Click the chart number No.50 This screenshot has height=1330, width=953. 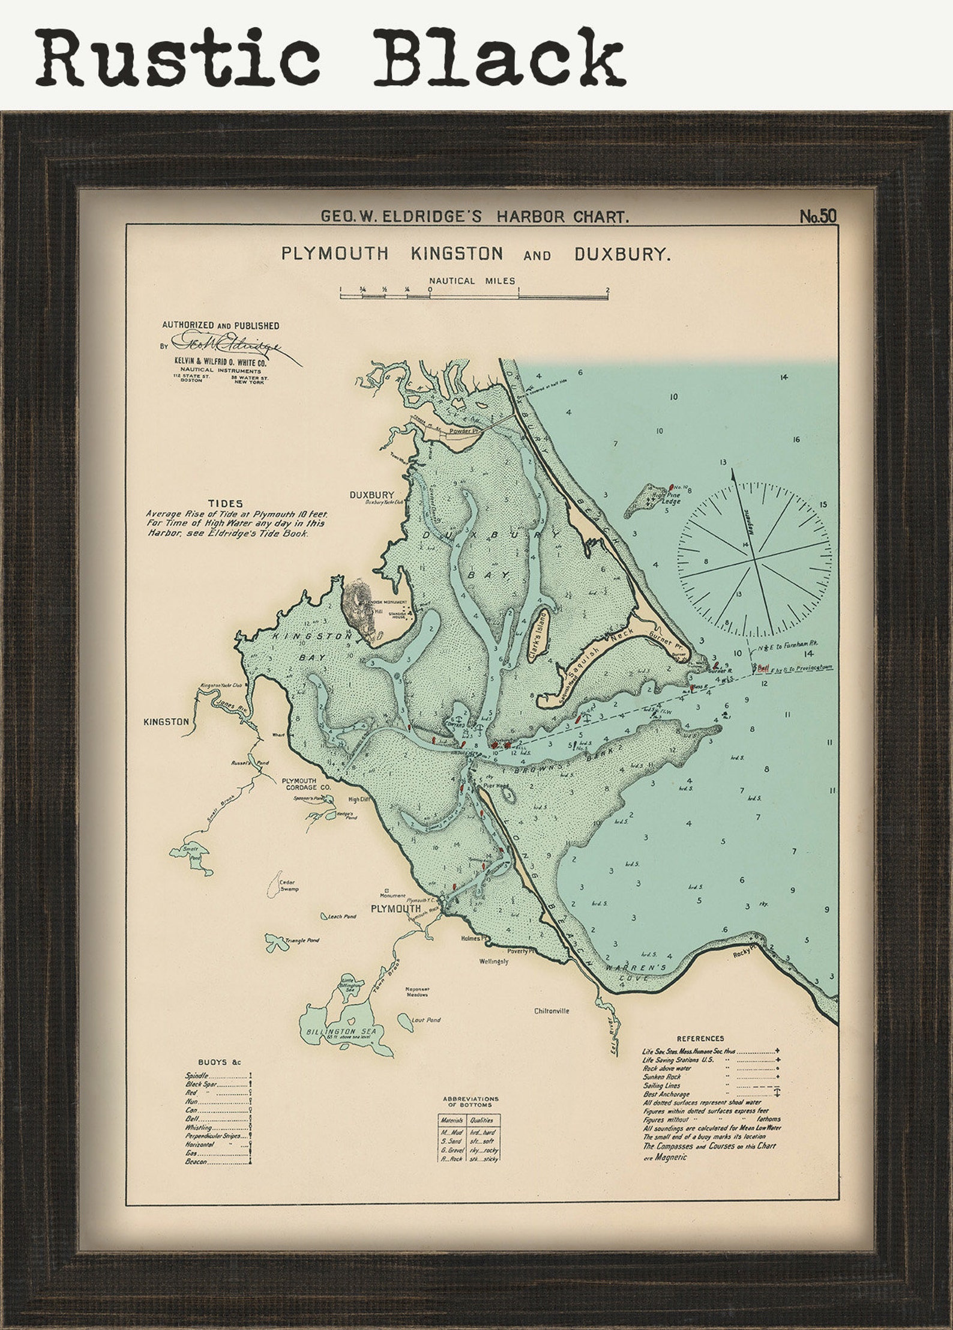click(x=818, y=217)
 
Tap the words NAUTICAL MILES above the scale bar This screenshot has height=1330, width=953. click(x=472, y=280)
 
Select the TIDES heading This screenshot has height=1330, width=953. click(x=225, y=503)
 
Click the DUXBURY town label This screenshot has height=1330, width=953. click(x=372, y=495)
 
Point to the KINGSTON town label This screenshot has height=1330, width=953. click(x=166, y=722)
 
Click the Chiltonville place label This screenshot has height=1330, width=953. click(x=552, y=1011)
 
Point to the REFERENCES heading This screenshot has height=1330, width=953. click(x=700, y=1038)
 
